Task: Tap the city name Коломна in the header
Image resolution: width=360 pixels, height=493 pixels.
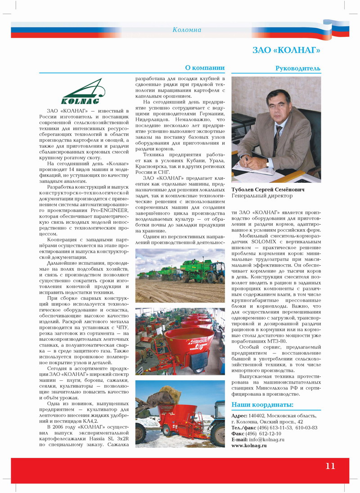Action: [x=187, y=30]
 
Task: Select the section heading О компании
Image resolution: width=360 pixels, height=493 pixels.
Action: [x=205, y=68]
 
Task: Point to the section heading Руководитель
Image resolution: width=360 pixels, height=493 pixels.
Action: [x=298, y=68]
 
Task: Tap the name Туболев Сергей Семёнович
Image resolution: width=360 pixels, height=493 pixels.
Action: [x=268, y=190]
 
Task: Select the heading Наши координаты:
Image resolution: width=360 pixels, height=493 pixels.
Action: [x=262, y=404]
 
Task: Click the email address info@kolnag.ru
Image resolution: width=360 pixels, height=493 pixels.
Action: [x=266, y=439]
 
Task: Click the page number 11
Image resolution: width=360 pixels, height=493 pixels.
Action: [x=330, y=466]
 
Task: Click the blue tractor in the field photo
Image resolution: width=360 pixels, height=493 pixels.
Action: [x=216, y=272]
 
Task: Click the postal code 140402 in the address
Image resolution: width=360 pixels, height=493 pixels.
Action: [x=257, y=415]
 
